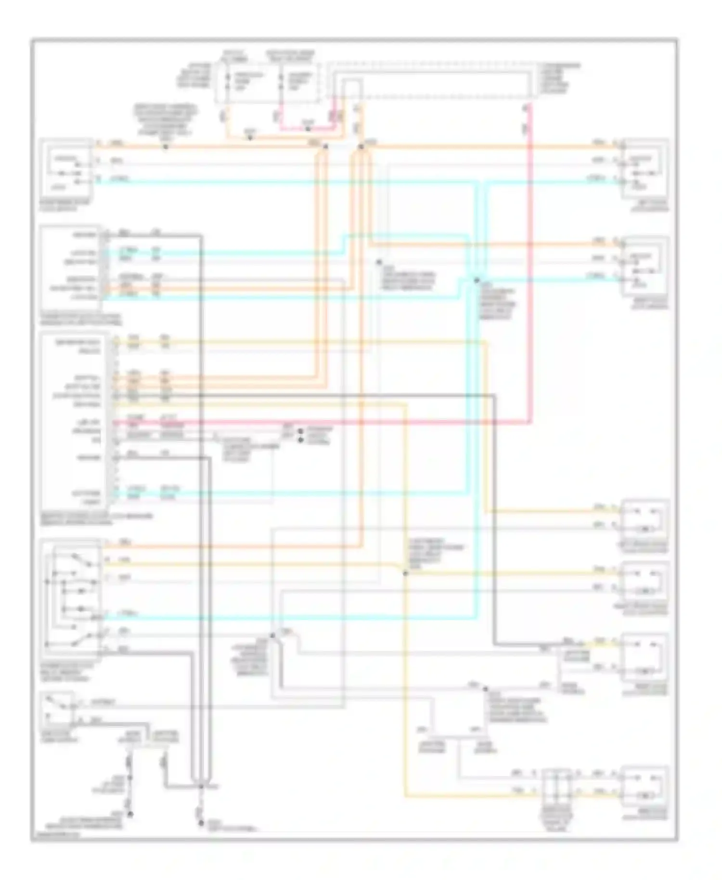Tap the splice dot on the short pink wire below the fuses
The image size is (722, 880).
(308, 129)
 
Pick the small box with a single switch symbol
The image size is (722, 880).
(58, 710)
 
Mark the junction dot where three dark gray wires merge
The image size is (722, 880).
(201, 787)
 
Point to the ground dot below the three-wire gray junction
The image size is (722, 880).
(201, 823)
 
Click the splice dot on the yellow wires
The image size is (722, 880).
(405, 573)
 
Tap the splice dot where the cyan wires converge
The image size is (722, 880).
(477, 280)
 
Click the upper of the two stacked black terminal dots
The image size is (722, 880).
(301, 431)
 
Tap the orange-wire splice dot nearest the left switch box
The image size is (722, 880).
(165, 146)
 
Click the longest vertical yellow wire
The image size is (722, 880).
(405, 674)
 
